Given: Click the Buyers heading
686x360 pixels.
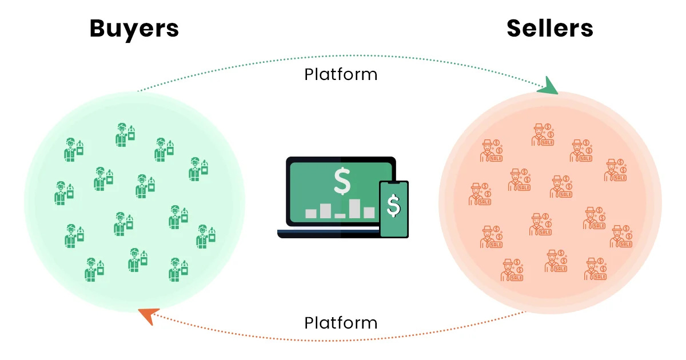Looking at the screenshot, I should coord(134,29).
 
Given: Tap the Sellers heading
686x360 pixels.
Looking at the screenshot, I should coord(549,29).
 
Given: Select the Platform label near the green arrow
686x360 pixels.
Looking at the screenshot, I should coord(341,74).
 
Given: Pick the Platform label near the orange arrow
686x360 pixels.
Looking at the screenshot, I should coord(341,323).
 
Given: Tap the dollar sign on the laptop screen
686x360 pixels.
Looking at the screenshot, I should coord(342,182).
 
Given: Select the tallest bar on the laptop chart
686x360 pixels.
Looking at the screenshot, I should coord(354,208).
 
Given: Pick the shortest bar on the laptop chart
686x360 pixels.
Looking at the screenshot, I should coord(340,215).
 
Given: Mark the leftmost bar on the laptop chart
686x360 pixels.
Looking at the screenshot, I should coord(311,213).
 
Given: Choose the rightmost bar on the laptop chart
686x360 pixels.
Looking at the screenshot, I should coord(369,212).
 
